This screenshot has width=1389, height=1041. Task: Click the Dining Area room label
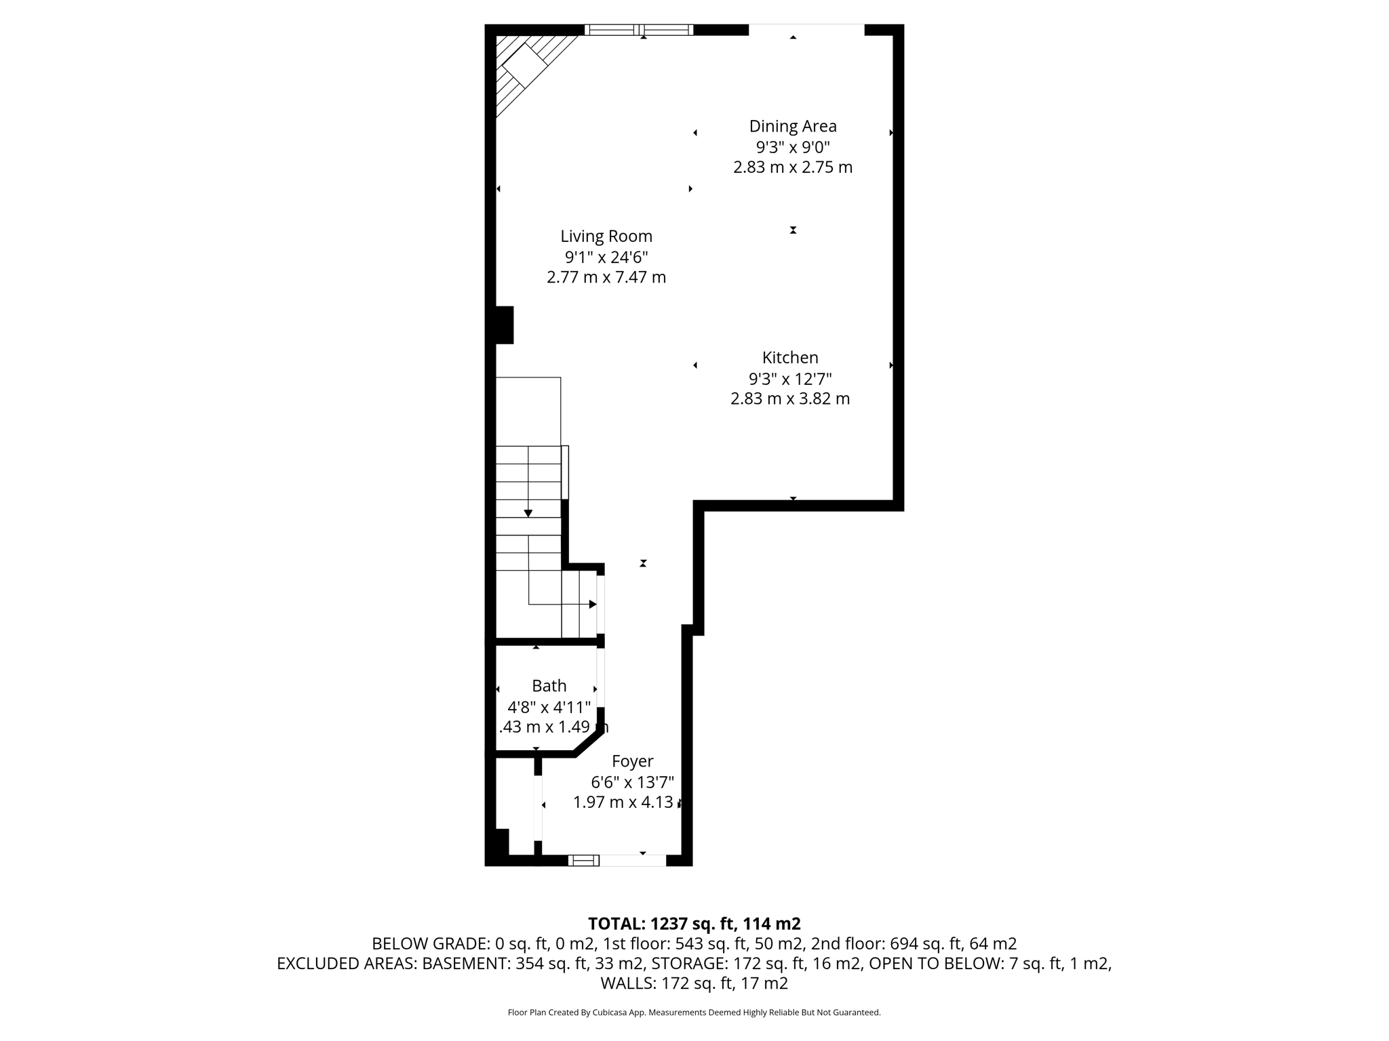click(792, 126)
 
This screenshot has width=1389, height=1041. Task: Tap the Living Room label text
click(606, 237)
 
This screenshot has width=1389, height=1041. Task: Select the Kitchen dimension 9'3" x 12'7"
click(789, 378)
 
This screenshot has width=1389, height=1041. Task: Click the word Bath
click(549, 686)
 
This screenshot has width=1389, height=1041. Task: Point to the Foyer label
click(632, 761)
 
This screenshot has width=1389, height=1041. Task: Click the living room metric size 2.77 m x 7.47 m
click(606, 277)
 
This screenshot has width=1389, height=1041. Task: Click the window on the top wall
click(638, 30)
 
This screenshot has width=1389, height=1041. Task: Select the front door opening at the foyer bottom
click(632, 860)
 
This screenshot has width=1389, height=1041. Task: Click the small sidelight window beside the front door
click(583, 860)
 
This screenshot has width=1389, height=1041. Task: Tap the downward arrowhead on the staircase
click(528, 513)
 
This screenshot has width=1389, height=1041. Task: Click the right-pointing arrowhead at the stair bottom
click(593, 604)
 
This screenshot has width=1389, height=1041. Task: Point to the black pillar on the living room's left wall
click(505, 325)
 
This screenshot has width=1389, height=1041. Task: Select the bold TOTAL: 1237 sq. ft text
click(694, 924)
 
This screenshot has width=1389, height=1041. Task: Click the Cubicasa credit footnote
click(694, 1013)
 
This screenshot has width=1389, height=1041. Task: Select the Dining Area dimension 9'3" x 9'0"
click(792, 146)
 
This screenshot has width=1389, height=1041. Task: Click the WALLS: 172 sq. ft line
click(694, 983)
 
